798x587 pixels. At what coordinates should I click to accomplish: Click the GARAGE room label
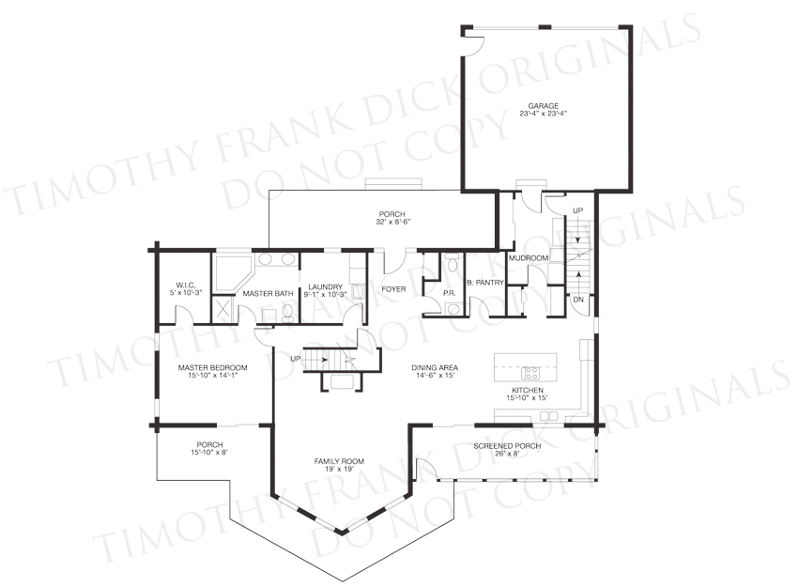[x=543, y=106]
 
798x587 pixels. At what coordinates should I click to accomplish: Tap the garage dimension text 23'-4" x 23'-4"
[x=543, y=114]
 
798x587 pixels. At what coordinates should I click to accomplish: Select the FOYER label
[x=393, y=289]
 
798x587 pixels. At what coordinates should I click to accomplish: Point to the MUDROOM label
[x=529, y=258]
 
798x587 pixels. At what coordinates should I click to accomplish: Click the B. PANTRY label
[x=485, y=283]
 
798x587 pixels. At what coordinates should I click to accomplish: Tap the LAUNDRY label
[x=325, y=287]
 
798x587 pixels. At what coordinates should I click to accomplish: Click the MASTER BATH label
[x=268, y=294]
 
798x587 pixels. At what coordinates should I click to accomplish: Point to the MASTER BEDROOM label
[x=213, y=367]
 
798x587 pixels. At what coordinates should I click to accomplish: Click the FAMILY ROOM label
[x=339, y=461]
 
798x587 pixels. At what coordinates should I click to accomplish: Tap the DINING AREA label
[x=435, y=367]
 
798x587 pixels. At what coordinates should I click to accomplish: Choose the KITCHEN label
[x=528, y=391]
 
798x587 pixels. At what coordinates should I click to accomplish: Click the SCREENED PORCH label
[x=507, y=446]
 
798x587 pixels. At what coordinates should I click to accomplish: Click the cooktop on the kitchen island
[x=530, y=373]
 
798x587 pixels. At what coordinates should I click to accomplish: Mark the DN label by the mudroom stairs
[x=578, y=300]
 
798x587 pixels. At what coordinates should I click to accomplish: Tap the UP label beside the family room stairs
[x=295, y=359]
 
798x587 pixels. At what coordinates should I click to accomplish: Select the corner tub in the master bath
[x=231, y=274]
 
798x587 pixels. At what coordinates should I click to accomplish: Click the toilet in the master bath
[x=287, y=313]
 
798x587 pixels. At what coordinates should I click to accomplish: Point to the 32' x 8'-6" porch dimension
[x=391, y=222]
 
